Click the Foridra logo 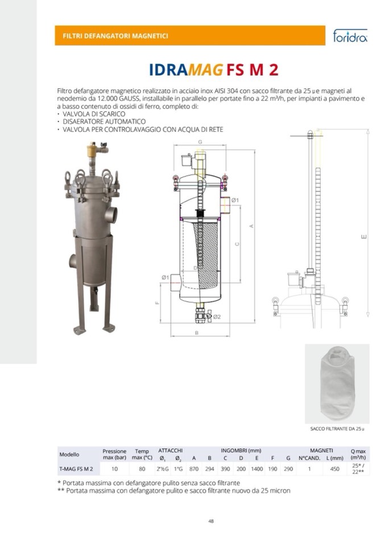click(x=350, y=36)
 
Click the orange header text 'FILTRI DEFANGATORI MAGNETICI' click(x=115, y=36)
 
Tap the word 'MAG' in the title click(x=206, y=70)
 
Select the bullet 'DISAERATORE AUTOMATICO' click(x=104, y=122)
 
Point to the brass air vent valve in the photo click(x=92, y=149)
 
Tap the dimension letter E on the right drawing click(x=364, y=237)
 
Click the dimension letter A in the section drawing click(x=251, y=226)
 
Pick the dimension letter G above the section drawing click(x=200, y=142)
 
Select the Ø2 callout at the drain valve click(x=217, y=317)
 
